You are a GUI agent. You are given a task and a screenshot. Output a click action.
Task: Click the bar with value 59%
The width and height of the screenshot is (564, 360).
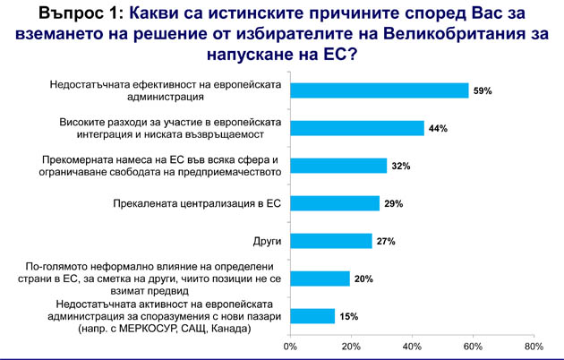[x=380, y=90]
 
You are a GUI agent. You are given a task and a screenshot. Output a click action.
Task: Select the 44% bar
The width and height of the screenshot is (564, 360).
[x=357, y=128]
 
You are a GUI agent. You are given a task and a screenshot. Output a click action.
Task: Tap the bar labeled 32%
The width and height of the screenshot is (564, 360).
[x=338, y=166]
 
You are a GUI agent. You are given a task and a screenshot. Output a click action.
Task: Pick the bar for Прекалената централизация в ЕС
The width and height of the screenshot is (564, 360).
[x=335, y=203]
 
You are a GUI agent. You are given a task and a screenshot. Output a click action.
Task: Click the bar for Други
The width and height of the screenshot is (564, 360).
[x=331, y=241]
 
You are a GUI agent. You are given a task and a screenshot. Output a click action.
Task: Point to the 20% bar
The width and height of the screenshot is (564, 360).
[x=320, y=279]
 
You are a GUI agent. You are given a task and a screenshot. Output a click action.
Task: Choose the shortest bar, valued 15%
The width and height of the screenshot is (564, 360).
[x=312, y=316]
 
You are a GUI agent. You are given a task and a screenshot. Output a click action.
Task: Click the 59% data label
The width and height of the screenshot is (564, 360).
[x=483, y=91]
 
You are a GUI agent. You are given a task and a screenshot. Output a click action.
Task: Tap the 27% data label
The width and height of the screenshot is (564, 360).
[x=386, y=241]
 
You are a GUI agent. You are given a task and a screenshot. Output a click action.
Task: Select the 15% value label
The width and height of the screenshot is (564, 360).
[x=349, y=316]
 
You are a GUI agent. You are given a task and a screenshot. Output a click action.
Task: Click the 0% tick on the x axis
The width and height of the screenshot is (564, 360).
[x=290, y=347]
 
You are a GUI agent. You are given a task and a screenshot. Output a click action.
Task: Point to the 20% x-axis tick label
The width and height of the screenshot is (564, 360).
[x=351, y=347]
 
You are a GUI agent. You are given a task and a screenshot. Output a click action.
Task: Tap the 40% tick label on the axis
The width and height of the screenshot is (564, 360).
[x=412, y=347]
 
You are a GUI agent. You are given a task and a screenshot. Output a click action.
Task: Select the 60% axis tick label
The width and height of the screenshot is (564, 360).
[x=473, y=347]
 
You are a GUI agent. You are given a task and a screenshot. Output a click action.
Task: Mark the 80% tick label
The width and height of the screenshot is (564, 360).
[x=534, y=347]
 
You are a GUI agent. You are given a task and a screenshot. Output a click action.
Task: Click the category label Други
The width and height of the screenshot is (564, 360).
[x=267, y=241]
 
